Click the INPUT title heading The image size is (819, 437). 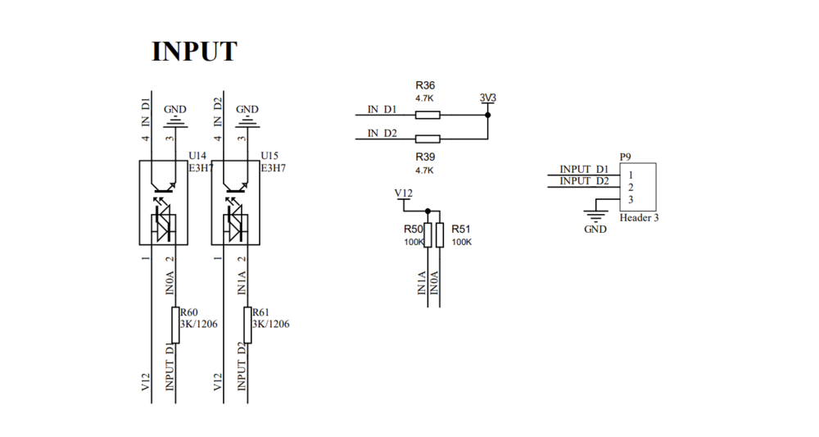(x=194, y=52)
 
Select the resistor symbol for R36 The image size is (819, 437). (x=428, y=115)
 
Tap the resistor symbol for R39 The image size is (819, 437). (x=428, y=139)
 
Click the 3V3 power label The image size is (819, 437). (x=487, y=98)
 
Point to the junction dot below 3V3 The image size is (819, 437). (x=487, y=115)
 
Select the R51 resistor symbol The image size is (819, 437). (x=440, y=235)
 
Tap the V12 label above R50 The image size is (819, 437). (x=404, y=193)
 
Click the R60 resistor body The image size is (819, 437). (x=174, y=325)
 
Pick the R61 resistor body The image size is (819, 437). (x=247, y=325)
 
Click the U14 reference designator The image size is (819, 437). (x=197, y=155)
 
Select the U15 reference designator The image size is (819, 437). (x=269, y=155)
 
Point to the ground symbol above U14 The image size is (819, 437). (x=174, y=124)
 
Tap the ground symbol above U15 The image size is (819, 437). (x=247, y=124)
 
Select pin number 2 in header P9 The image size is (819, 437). (x=631, y=187)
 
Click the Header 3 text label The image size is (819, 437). (x=640, y=218)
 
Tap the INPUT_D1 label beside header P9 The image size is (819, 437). (x=584, y=169)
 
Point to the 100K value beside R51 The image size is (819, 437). (x=462, y=243)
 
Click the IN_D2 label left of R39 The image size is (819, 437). (x=382, y=133)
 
